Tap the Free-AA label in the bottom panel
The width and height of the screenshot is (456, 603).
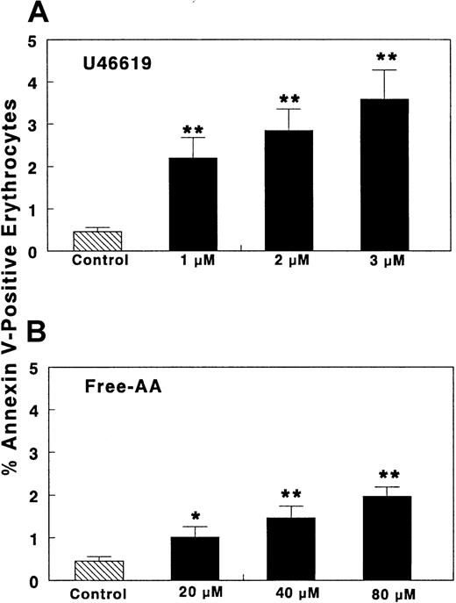point(111,384)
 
